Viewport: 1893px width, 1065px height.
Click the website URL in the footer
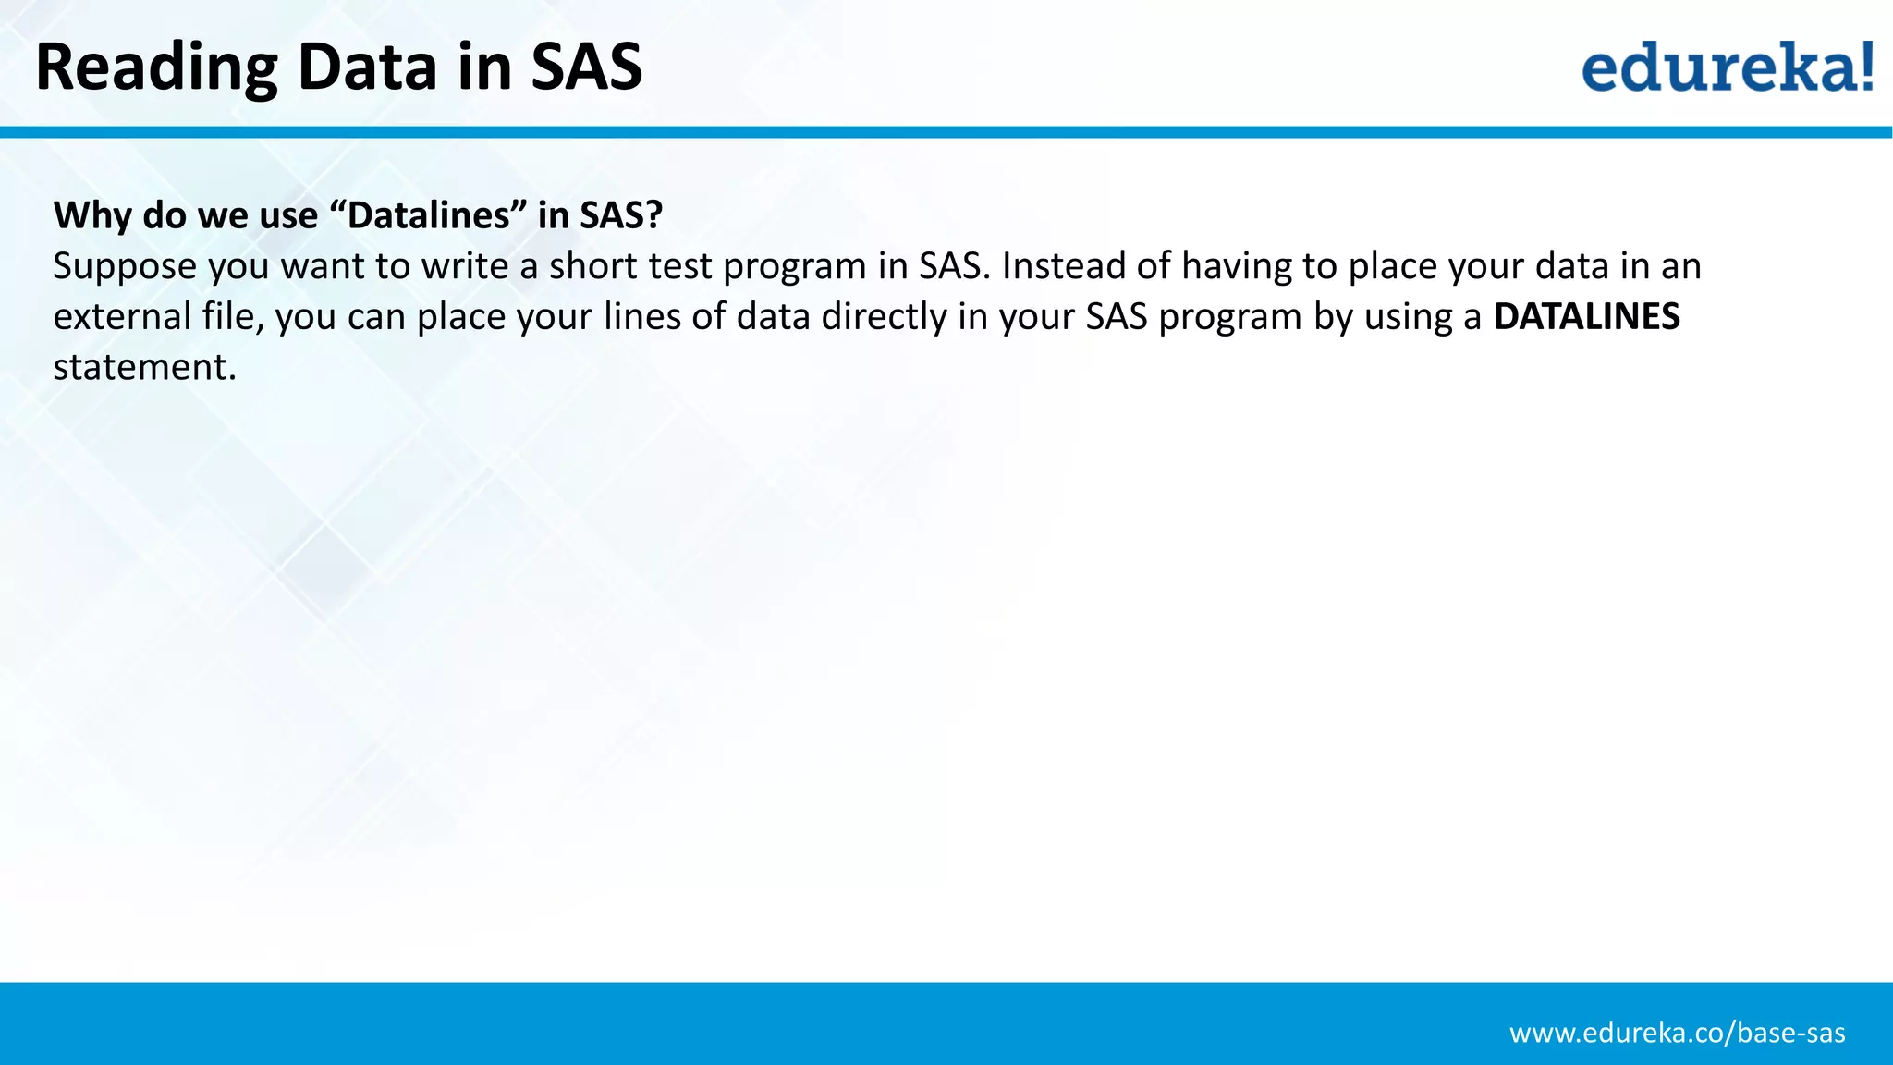(x=1677, y=1033)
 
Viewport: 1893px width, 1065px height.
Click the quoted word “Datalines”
(x=428, y=215)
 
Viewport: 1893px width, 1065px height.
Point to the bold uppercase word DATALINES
(x=1586, y=317)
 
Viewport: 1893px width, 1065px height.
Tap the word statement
(x=143, y=368)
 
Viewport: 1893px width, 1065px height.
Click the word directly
(x=884, y=317)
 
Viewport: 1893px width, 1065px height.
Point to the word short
(x=592, y=266)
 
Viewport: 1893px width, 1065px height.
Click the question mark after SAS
(x=653, y=215)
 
